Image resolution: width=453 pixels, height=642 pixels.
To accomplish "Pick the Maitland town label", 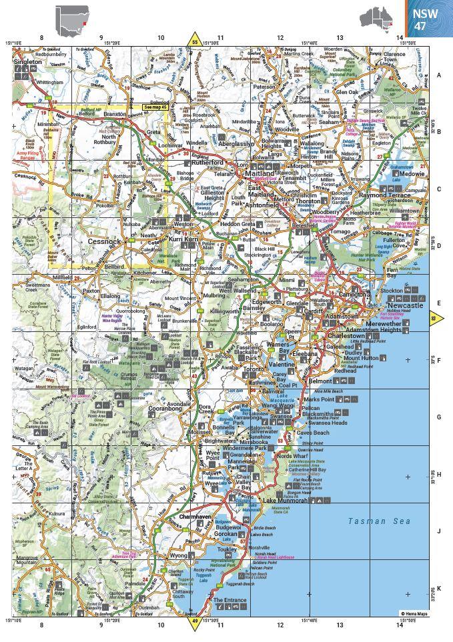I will pyautogui.click(x=242, y=173).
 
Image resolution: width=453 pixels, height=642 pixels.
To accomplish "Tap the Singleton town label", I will pyautogui.click(x=27, y=61).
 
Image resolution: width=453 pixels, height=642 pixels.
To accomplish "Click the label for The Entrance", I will pyautogui.click(x=230, y=600).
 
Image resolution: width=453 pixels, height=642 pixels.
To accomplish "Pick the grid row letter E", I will pyautogui.click(x=438, y=301).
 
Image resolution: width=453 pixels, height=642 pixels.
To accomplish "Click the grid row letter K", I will pyautogui.click(x=438, y=589).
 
